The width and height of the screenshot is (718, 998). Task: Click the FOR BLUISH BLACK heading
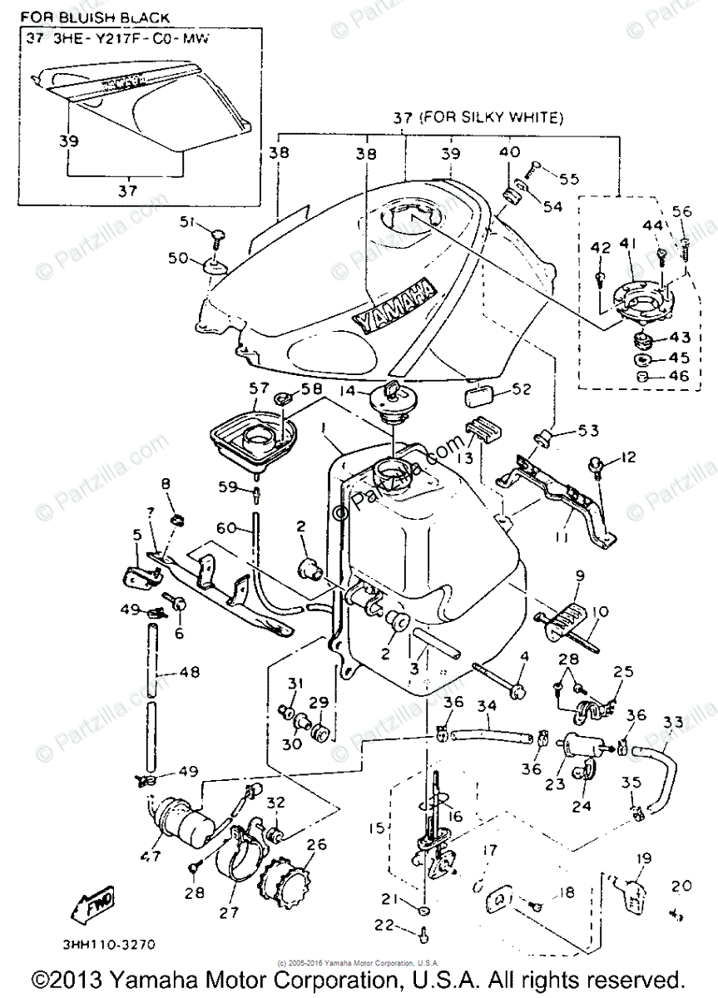(97, 17)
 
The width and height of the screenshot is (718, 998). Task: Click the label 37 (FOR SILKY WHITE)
(477, 119)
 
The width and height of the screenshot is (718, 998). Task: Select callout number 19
(642, 857)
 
